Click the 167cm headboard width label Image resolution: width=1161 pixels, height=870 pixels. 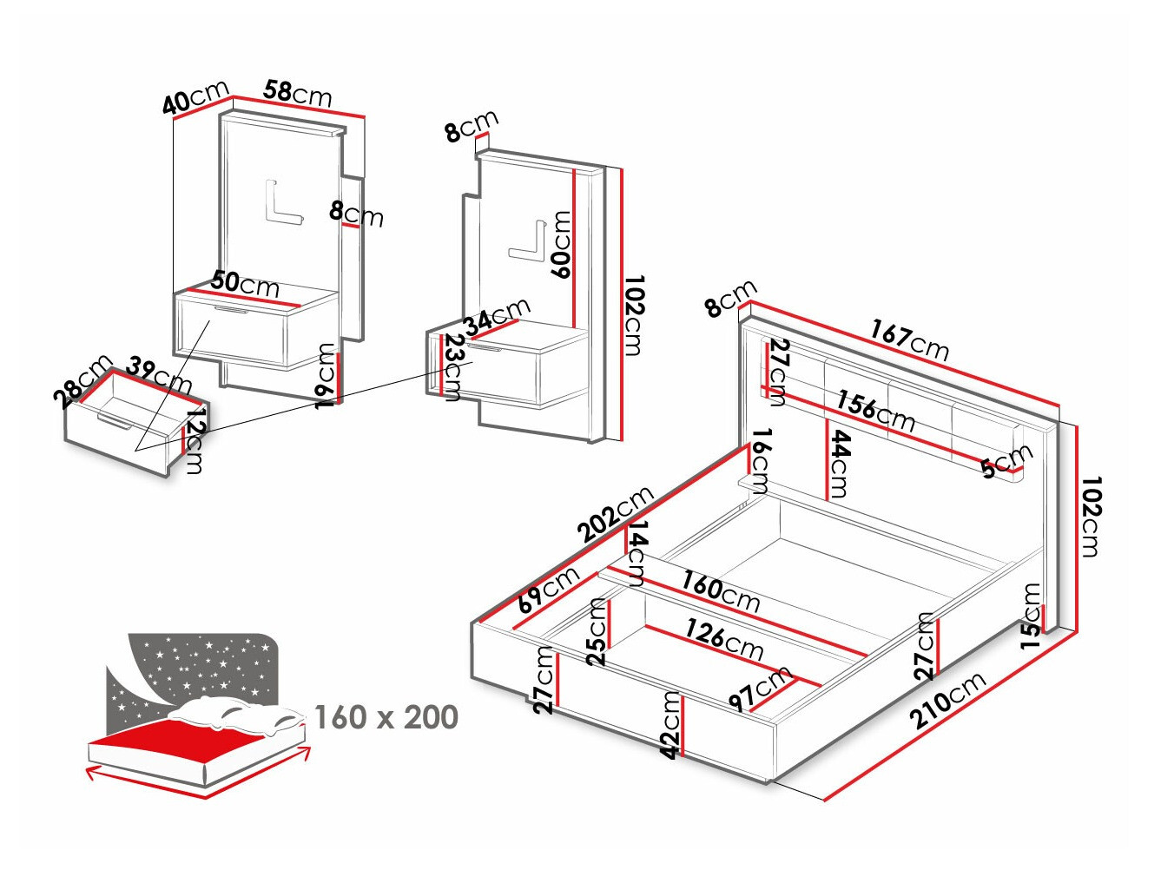pyautogui.click(x=910, y=341)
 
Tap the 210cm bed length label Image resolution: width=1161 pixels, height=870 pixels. pyautogui.click(x=947, y=701)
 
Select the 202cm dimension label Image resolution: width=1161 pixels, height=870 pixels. pyautogui.click(x=616, y=515)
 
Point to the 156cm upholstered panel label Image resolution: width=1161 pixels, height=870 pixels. pyautogui.click(x=875, y=411)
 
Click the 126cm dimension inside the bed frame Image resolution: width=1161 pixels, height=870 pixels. pyautogui.click(x=724, y=639)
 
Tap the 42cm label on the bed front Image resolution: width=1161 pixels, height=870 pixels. pyautogui.click(x=670, y=725)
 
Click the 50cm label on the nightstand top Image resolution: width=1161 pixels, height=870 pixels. pyautogui.click(x=245, y=283)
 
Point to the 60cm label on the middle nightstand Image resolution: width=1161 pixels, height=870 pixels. pyautogui.click(x=562, y=245)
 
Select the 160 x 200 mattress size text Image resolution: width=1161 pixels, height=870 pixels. pyautogui.click(x=386, y=718)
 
